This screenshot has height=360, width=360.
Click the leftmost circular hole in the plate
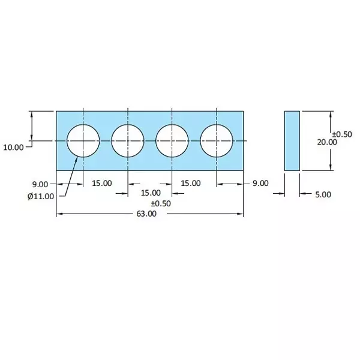click(x=83, y=141)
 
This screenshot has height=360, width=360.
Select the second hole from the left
click(x=128, y=141)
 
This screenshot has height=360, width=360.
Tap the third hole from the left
click(x=172, y=141)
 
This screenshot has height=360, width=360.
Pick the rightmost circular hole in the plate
click(x=217, y=141)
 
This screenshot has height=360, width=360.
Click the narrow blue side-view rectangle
click(x=292, y=141)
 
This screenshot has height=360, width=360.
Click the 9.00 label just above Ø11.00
click(x=41, y=184)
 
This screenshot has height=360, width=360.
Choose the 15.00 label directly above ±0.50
click(x=151, y=193)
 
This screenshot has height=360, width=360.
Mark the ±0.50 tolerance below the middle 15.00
click(x=160, y=203)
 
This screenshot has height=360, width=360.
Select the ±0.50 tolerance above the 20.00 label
click(x=341, y=134)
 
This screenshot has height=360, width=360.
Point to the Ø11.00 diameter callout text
click(x=40, y=196)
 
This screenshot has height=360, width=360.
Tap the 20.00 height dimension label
click(x=327, y=142)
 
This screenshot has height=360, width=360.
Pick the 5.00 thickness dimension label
click(x=322, y=194)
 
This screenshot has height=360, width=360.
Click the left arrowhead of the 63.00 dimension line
click(x=59, y=214)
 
